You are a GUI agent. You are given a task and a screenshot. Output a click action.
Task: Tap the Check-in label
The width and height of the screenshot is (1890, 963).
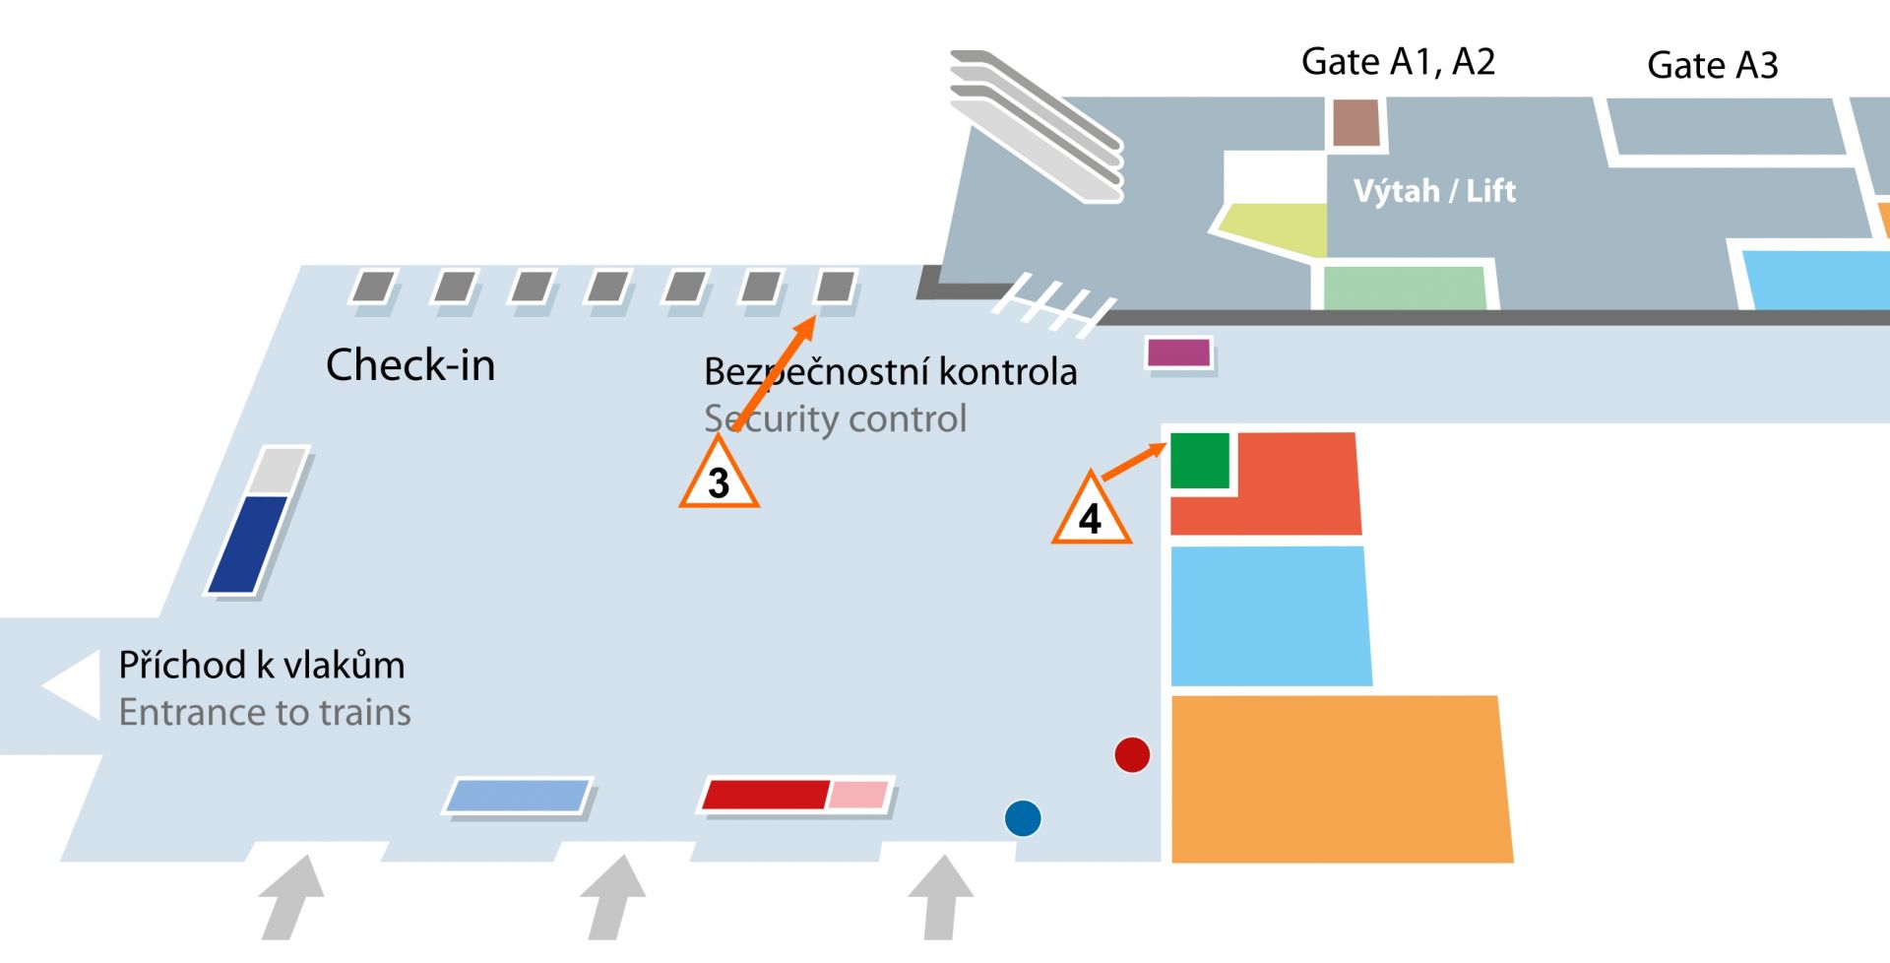(410, 365)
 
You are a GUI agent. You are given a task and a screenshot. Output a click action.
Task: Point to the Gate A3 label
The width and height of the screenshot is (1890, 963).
(1712, 65)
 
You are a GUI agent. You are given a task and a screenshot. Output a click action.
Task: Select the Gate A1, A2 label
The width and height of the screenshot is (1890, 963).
(1398, 61)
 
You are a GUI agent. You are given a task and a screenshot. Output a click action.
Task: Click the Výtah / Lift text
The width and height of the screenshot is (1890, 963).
(1434, 190)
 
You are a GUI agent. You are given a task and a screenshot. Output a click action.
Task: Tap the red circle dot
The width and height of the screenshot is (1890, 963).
(1132, 755)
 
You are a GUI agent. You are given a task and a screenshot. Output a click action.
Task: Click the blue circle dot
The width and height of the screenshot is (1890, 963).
(1023, 818)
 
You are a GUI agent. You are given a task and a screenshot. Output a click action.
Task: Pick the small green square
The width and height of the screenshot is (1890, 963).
(1200, 460)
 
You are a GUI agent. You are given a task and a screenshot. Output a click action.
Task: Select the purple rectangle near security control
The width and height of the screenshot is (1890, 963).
(1178, 352)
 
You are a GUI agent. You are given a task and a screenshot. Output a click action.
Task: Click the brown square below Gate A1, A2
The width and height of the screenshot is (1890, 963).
(1356, 123)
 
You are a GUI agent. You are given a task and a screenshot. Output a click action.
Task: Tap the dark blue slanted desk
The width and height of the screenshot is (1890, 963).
(248, 544)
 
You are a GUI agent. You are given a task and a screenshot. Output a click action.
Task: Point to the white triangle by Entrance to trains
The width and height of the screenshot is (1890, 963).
(75, 684)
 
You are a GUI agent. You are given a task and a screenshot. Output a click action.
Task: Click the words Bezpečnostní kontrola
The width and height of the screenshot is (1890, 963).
(890, 372)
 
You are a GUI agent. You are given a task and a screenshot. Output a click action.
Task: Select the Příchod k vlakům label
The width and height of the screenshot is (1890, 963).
(262, 666)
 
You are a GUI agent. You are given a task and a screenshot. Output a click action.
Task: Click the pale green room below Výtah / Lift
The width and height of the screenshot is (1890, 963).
(1404, 288)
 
